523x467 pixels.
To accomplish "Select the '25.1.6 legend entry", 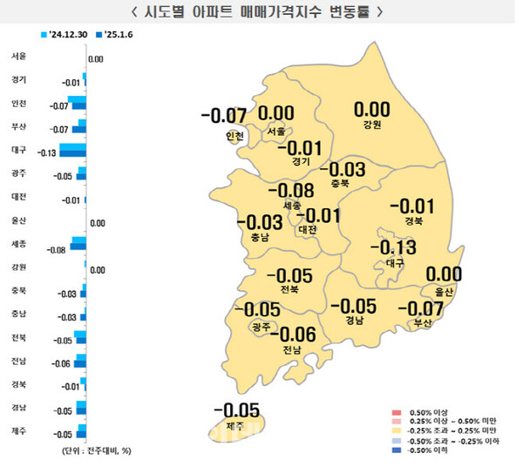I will point(123,35).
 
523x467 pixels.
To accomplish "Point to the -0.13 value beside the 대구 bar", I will point(46,153).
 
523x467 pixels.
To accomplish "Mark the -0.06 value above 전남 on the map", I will point(292,333).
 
